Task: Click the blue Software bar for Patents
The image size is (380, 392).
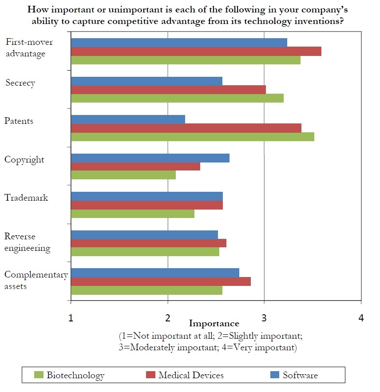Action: coord(128,119)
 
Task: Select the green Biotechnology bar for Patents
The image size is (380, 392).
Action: coord(192,136)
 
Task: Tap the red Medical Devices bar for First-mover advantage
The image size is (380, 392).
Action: coord(196,51)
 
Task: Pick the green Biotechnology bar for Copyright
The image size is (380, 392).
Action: coord(123,175)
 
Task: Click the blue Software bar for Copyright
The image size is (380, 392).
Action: coord(150,158)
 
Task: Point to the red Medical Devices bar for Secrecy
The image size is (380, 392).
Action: coord(168,90)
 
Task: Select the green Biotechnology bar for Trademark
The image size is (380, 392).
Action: coord(132,214)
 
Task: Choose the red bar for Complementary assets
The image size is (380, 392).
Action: coord(161,281)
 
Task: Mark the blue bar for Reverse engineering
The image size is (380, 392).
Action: coord(144,234)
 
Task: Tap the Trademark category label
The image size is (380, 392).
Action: coord(26,198)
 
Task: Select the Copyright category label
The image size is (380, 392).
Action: coord(24,159)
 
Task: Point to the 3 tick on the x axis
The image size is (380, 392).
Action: coord(264,318)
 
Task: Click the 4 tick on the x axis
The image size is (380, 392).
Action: coord(361,318)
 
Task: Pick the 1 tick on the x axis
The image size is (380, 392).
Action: coord(71,318)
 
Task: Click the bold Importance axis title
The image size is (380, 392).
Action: coord(214,324)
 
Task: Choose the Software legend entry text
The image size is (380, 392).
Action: coord(300,375)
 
